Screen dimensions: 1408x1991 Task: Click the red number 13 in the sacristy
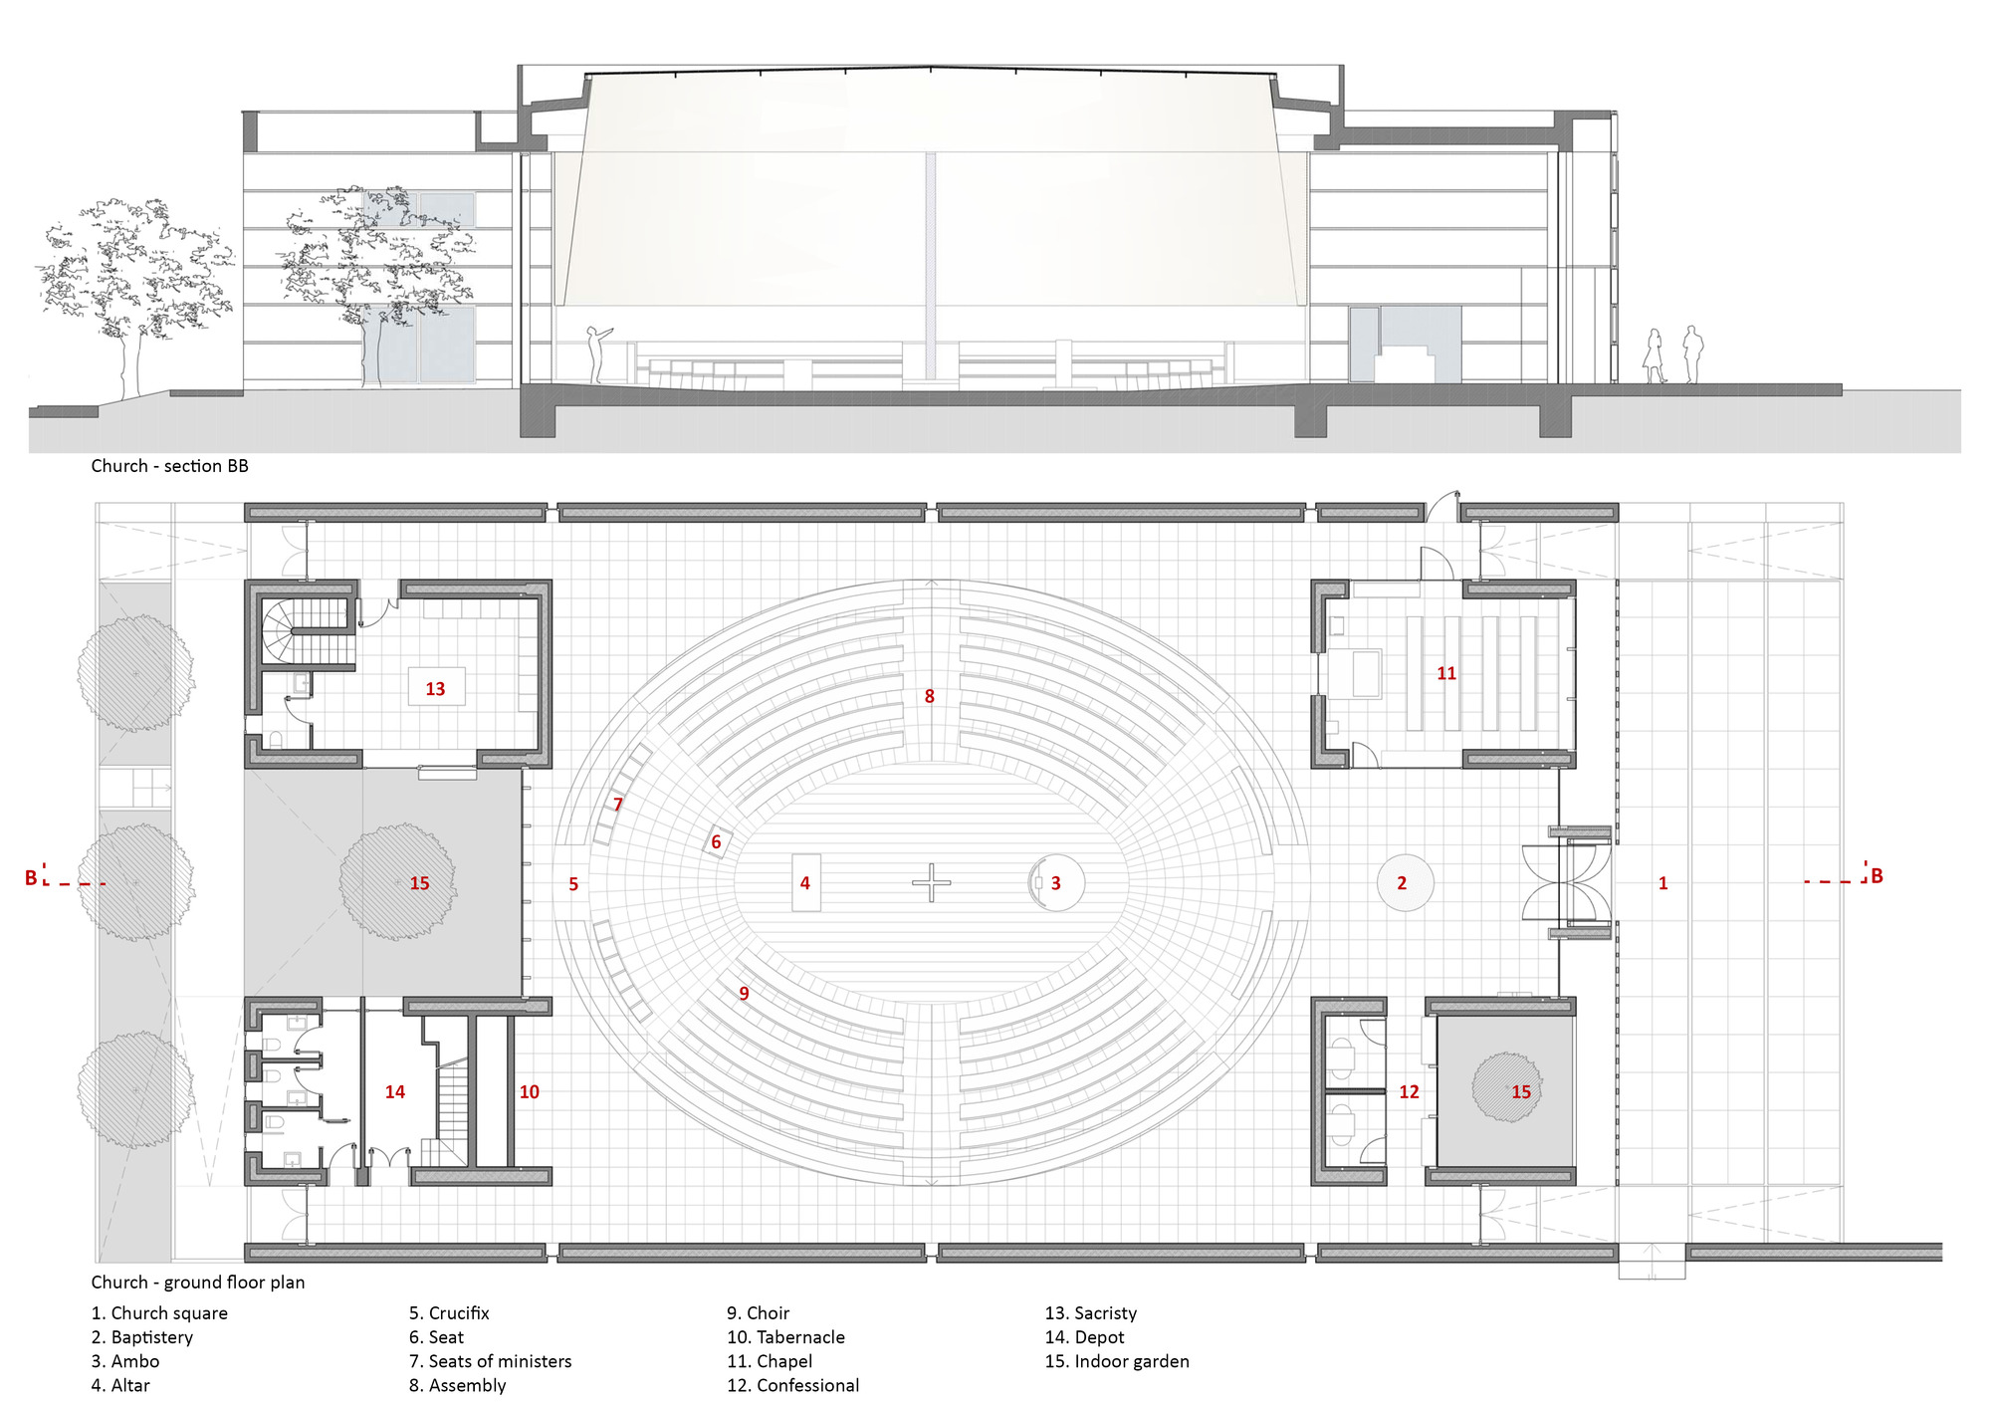click(435, 689)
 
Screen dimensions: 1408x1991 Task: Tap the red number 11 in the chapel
click(1446, 674)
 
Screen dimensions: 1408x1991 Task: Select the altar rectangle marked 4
click(805, 882)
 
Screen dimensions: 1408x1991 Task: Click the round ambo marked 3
click(1056, 882)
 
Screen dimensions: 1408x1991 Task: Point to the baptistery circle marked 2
click(1405, 882)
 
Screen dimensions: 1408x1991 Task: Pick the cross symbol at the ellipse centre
click(931, 882)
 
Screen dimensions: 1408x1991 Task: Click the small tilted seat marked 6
click(717, 842)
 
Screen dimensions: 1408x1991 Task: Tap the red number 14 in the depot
click(395, 1092)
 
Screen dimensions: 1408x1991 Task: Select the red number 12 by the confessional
click(1409, 1092)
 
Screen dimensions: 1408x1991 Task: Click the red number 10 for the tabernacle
click(530, 1092)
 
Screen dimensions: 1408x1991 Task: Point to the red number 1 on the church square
click(1662, 883)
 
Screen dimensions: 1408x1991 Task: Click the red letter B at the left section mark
click(31, 877)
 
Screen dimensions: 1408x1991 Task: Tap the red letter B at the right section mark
click(1877, 876)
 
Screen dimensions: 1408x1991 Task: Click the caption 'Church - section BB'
click(169, 466)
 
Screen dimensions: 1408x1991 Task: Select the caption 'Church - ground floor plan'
click(198, 1283)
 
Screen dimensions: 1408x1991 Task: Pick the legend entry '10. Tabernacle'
click(785, 1337)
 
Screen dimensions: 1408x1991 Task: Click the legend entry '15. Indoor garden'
click(1117, 1361)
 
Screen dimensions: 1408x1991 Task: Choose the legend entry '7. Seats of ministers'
click(490, 1361)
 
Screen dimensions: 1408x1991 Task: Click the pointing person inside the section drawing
click(596, 354)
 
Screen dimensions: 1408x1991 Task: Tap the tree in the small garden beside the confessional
click(1506, 1087)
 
